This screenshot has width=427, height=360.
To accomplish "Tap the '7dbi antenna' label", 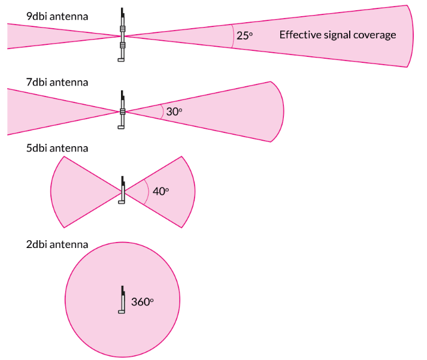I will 57,82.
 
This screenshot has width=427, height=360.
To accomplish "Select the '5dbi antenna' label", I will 57,148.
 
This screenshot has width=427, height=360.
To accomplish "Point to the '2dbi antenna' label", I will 57,244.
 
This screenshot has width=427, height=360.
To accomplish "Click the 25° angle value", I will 244,35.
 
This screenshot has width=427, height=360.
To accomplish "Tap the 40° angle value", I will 160,191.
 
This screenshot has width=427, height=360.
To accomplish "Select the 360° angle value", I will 143,302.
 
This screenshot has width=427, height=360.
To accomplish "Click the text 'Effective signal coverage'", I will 338,35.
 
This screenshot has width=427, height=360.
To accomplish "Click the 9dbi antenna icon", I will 122,36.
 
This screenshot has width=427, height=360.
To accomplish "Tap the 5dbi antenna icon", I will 122,190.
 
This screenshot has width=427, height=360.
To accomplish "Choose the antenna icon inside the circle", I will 122,300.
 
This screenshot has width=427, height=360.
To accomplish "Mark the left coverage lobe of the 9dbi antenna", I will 48,36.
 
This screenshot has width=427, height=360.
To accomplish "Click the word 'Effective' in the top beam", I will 298,35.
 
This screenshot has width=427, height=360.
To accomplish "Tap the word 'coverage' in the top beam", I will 377,35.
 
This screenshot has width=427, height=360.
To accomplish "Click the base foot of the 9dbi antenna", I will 121,60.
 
